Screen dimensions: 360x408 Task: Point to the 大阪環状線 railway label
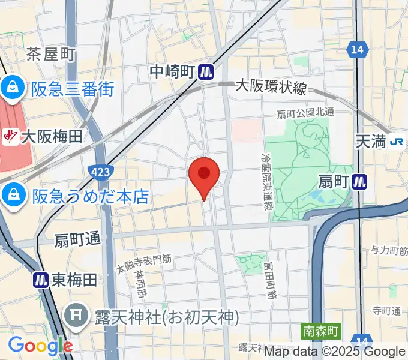click(x=271, y=87)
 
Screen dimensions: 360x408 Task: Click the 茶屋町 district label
click(x=51, y=55)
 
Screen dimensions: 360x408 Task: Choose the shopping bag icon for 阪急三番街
click(x=12, y=88)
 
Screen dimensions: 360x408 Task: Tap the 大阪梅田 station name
click(x=52, y=137)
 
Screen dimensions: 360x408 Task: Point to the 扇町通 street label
click(x=77, y=239)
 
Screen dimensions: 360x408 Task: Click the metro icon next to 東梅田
click(x=41, y=279)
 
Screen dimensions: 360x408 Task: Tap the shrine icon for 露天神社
click(x=76, y=316)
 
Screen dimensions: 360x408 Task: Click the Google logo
click(x=40, y=346)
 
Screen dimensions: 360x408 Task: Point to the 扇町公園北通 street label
click(x=305, y=113)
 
